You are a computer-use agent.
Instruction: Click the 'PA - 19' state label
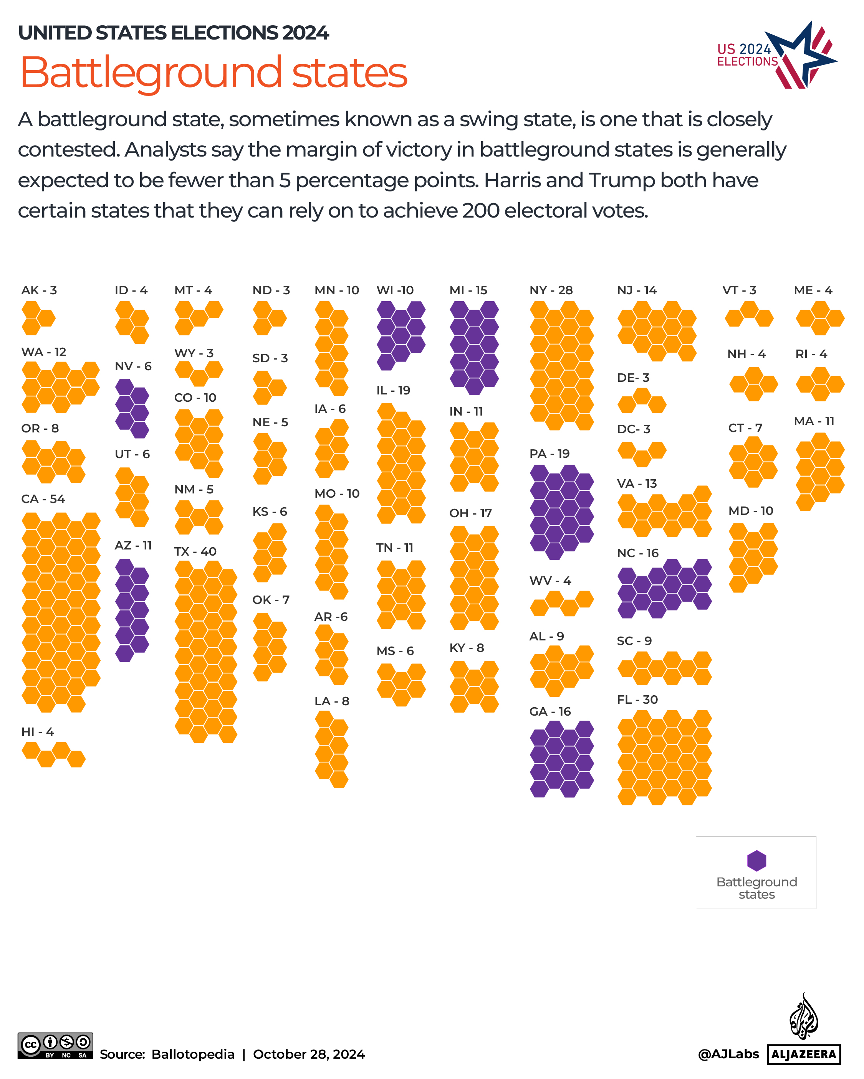tap(549, 454)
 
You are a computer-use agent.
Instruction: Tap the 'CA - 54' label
tap(43, 499)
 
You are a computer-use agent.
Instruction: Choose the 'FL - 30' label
tap(637, 700)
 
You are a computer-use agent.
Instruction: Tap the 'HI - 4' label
tap(38, 732)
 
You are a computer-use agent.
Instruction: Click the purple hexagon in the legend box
tap(756, 860)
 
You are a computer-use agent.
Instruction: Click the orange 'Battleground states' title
tap(213, 73)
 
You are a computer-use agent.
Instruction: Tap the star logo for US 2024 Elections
tap(801, 55)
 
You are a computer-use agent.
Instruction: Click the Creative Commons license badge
tap(55, 1046)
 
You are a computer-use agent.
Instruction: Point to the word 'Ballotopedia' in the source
tap(193, 1054)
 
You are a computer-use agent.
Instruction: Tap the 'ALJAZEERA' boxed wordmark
tap(803, 1054)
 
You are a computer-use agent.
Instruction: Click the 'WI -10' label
tap(395, 290)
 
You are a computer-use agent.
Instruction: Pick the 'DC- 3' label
tap(633, 429)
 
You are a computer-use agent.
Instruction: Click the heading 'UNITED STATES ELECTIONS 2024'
tap(173, 33)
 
